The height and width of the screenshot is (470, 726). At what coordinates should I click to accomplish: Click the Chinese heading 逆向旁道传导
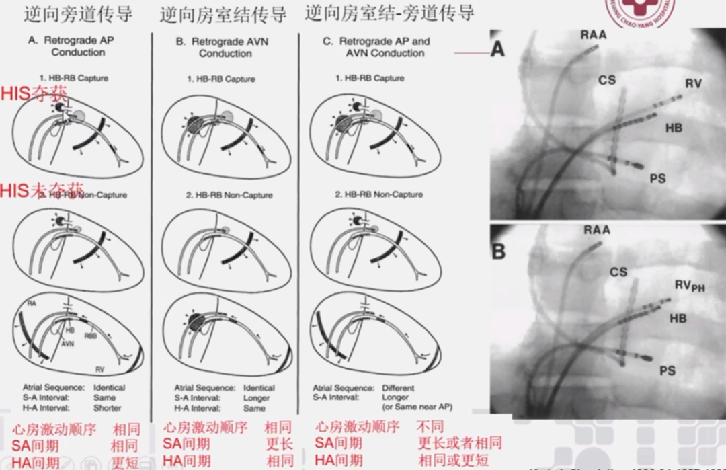(78, 14)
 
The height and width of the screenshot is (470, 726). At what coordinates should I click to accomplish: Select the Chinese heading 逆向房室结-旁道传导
(389, 13)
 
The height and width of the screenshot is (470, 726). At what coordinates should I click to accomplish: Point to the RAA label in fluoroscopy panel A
(595, 36)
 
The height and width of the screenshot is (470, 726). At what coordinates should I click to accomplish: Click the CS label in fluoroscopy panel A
(607, 81)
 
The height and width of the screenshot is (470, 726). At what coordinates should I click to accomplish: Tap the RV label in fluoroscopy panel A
(694, 84)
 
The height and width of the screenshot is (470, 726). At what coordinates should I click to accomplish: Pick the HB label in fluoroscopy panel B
(678, 318)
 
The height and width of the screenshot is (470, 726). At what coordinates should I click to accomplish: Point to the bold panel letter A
(497, 49)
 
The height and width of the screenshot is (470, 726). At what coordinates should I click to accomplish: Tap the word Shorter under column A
(108, 408)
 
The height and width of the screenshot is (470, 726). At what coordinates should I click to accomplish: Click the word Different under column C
(399, 388)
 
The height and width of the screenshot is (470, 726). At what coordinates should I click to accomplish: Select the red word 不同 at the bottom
(430, 426)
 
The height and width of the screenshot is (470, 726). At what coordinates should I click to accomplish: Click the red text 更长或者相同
(460, 443)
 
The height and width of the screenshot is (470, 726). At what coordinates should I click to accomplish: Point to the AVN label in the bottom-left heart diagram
(68, 342)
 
